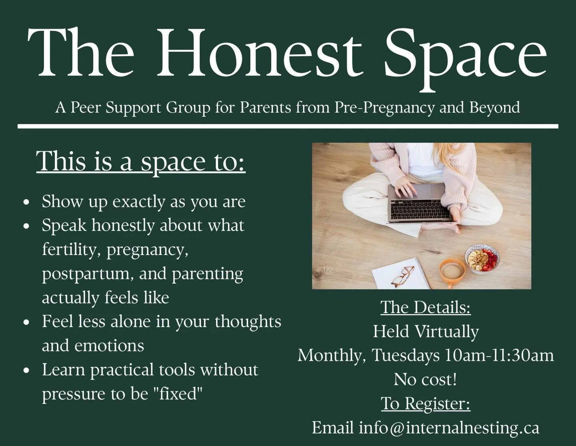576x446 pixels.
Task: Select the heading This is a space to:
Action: point(141,161)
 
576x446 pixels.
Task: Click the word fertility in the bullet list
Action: point(72,249)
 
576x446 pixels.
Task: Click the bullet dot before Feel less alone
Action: point(27,323)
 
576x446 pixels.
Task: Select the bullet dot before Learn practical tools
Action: point(27,371)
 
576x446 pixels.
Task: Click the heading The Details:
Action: point(425,307)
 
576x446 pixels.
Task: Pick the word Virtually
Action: point(446,332)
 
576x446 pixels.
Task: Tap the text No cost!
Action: point(425,380)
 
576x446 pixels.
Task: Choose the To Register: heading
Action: point(425,404)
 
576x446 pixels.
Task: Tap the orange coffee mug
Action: point(452,271)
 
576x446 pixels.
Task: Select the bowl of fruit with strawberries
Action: point(482,259)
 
